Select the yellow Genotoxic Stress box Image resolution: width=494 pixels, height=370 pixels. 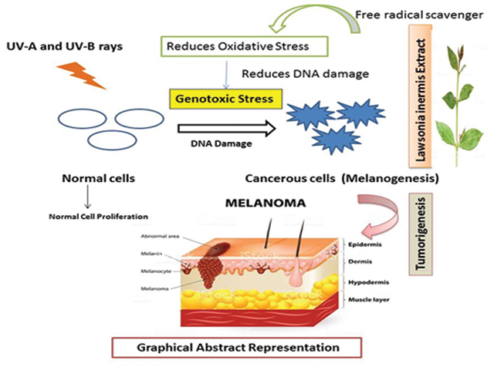223,98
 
